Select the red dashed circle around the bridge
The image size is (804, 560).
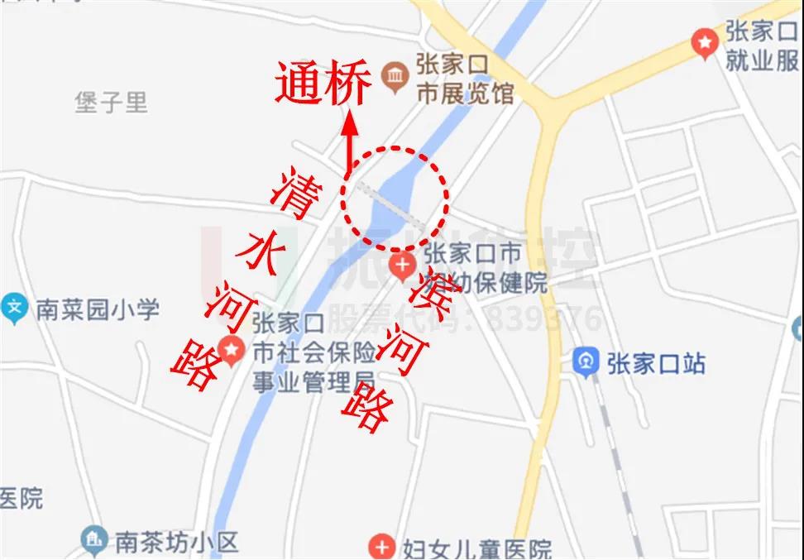click(395, 199)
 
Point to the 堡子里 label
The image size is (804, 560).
click(111, 103)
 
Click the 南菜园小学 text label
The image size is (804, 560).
click(97, 310)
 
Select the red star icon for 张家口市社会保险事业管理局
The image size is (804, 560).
click(232, 351)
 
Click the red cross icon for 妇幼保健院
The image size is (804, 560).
click(403, 266)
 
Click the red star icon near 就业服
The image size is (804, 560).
click(704, 41)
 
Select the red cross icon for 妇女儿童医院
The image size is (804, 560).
click(382, 546)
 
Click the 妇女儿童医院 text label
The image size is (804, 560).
click(477, 547)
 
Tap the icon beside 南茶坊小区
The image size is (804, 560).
click(93, 542)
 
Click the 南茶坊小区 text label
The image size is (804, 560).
click(176, 542)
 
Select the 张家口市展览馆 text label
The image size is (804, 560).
click(463, 79)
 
